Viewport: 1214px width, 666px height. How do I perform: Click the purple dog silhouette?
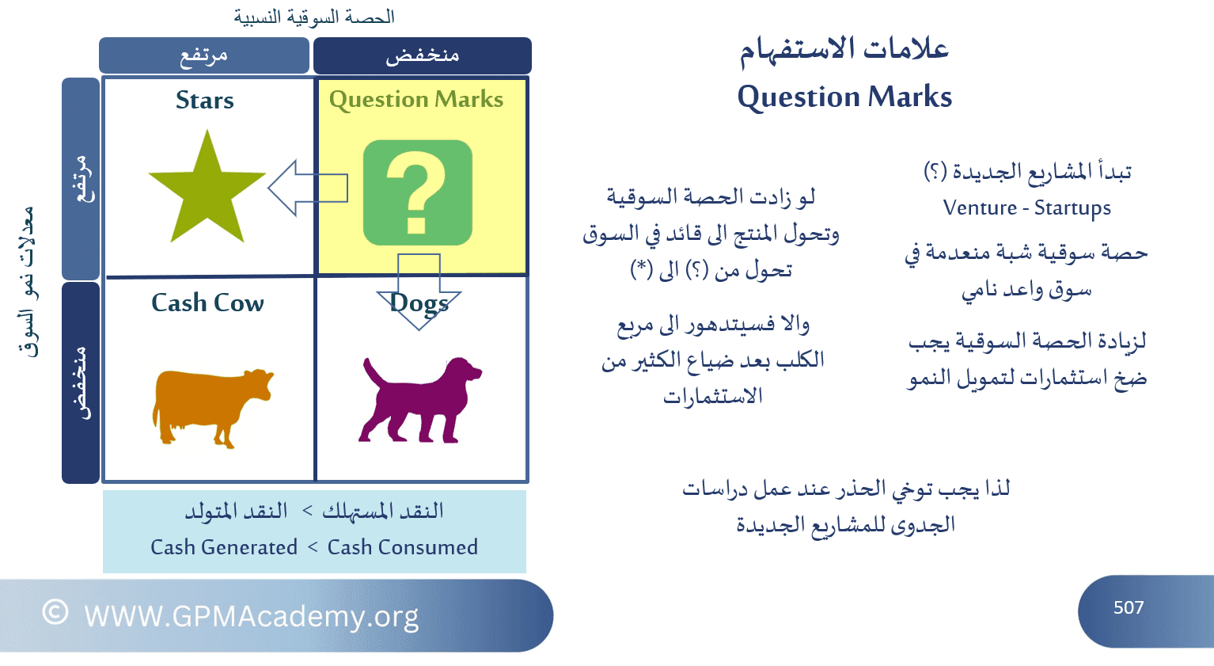[x=420, y=400]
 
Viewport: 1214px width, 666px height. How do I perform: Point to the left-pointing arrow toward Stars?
[x=308, y=188]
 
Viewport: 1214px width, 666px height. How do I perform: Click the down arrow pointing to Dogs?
[x=419, y=291]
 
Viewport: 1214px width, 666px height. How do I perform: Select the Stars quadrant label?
[x=205, y=101]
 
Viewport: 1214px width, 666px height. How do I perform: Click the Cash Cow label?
[x=207, y=303]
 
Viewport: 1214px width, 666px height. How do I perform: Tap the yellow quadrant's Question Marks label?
[x=416, y=100]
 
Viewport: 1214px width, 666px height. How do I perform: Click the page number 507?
[x=1129, y=607]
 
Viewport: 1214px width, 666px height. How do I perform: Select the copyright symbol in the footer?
[x=55, y=612]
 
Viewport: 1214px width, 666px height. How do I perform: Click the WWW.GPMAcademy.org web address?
[x=252, y=617]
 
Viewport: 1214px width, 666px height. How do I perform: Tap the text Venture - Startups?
[x=1027, y=208]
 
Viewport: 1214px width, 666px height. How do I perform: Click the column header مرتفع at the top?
[x=203, y=55]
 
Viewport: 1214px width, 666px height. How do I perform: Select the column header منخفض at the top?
[x=423, y=55]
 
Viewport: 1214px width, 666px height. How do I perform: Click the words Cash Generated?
[x=224, y=547]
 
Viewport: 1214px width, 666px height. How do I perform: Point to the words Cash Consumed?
[x=403, y=547]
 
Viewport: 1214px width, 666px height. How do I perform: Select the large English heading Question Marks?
[x=844, y=97]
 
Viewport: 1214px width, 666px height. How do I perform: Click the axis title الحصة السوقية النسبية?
[x=314, y=17]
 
